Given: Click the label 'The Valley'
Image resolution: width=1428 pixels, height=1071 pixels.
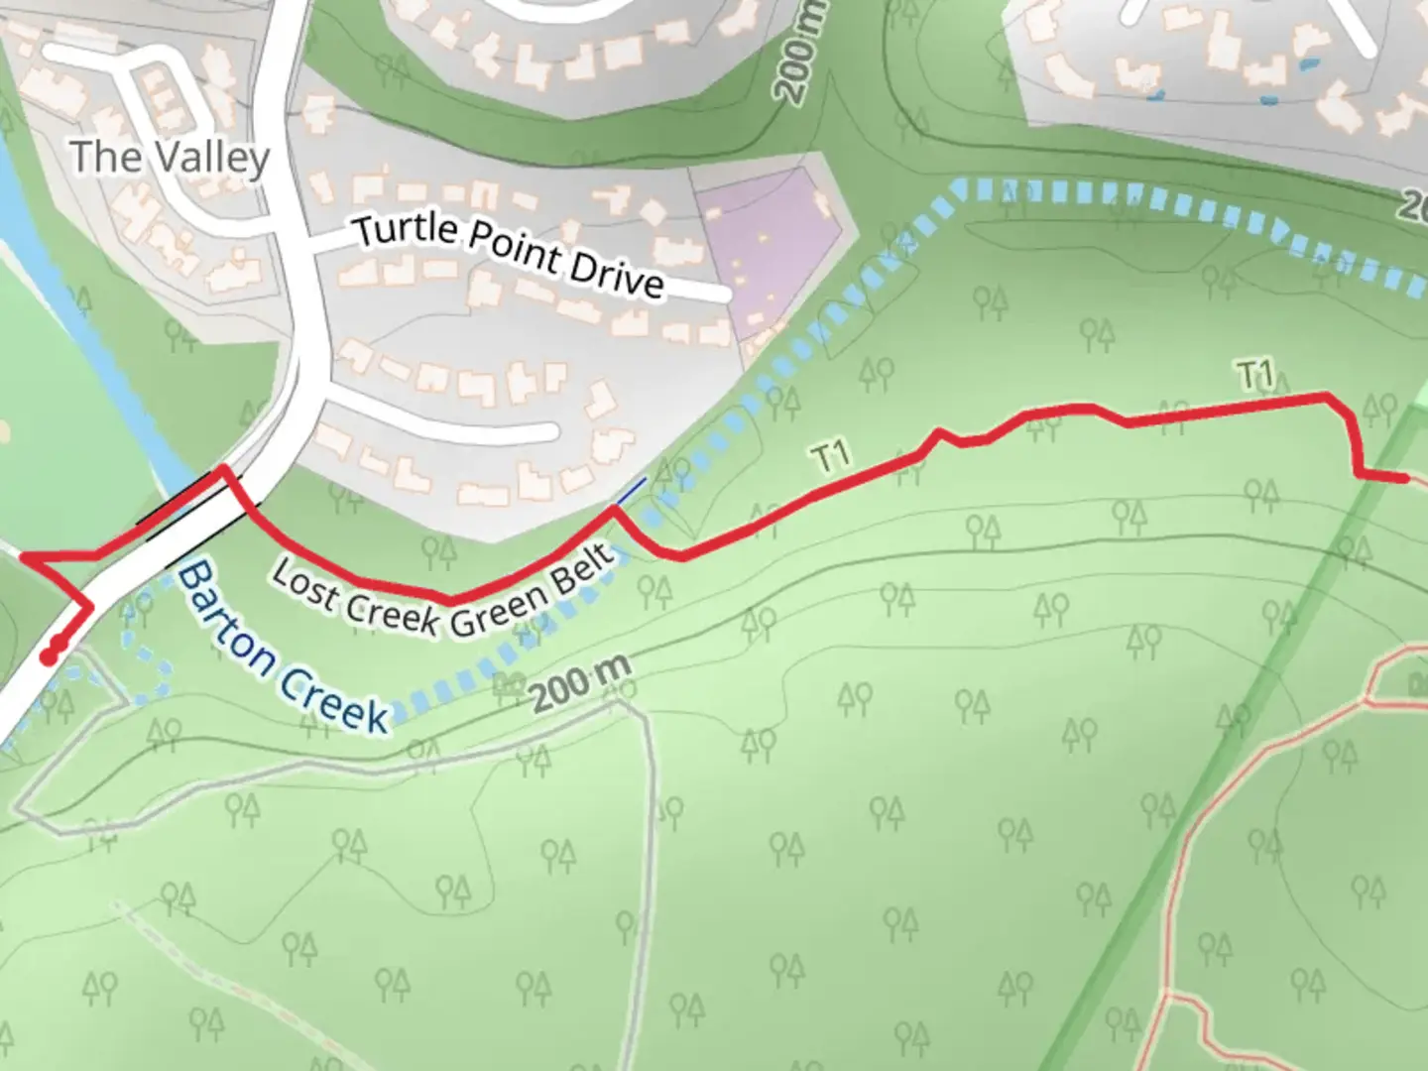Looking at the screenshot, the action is click(x=170, y=157).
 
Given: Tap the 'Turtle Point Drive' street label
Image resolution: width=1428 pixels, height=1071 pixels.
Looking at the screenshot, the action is click(x=509, y=254).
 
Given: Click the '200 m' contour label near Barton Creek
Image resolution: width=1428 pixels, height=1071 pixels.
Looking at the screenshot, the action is click(x=580, y=682).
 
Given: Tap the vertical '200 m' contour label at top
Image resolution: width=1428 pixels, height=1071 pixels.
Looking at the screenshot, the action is click(x=799, y=53).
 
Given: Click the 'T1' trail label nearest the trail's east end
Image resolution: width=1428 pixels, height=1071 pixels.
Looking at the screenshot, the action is click(x=1255, y=375).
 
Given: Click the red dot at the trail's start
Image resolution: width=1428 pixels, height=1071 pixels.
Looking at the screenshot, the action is click(x=49, y=656).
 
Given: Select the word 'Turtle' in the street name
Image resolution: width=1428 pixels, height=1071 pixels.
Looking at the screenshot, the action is click(x=407, y=230).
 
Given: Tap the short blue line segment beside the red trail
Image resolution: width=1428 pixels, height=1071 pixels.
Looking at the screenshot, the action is click(x=631, y=493).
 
